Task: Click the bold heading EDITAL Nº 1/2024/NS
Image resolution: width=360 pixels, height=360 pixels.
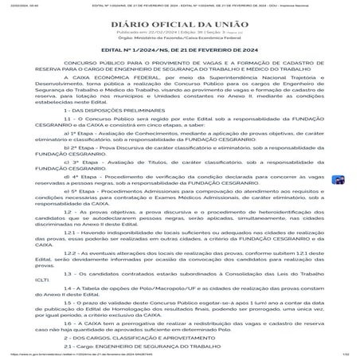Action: [179, 56]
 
